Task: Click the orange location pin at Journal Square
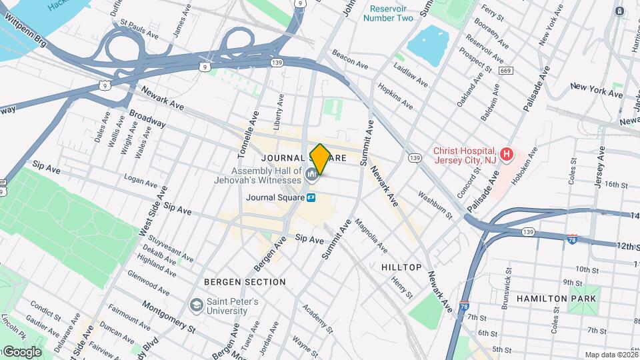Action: click(320, 159)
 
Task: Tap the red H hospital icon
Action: click(507, 155)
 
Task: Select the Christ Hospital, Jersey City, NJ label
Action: click(465, 155)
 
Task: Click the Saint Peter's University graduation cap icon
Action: click(196, 305)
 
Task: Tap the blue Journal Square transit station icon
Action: click(311, 197)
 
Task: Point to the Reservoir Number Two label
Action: click(388, 13)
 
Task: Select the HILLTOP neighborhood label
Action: click(401, 267)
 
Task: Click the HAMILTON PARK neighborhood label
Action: click(556, 299)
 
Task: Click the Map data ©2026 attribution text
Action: click(611, 355)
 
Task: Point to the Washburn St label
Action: click(435, 206)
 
